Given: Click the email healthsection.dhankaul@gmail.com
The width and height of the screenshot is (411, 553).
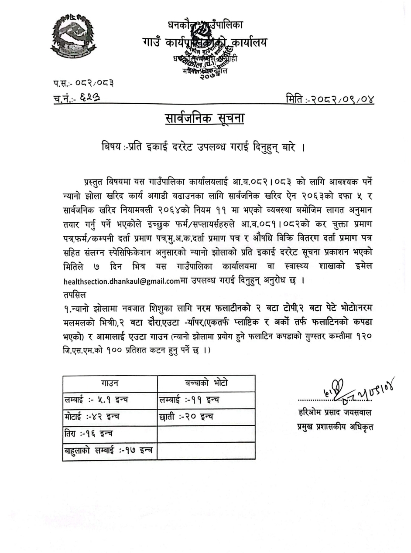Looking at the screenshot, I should coord(121,281).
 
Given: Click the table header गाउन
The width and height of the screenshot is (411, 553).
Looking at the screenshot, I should coord(110,383).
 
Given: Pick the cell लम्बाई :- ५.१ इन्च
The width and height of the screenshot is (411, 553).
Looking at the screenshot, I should coord(96,400).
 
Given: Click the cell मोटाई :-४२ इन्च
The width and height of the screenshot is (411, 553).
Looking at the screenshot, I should coord(92,417).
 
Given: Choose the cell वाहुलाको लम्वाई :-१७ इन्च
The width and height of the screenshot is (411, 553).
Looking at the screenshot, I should coord(108,451).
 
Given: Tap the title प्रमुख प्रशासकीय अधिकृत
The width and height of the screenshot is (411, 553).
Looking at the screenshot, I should coord(335,427).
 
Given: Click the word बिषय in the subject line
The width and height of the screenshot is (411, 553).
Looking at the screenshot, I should coord(111,148).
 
